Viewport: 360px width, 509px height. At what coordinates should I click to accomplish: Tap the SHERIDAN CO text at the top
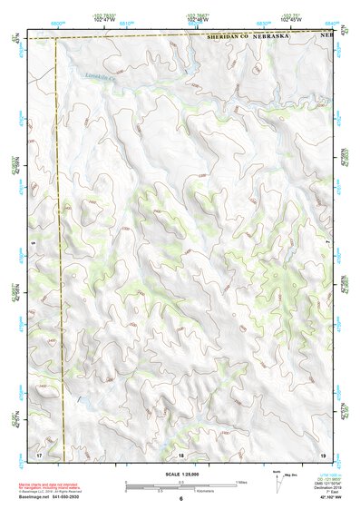(230, 39)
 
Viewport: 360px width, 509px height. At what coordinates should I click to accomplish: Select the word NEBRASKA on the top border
(279, 39)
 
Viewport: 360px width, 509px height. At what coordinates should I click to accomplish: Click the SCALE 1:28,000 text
(180, 474)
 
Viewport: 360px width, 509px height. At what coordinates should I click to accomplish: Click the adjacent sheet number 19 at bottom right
(322, 454)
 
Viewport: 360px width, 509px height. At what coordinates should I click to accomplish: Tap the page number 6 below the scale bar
(180, 498)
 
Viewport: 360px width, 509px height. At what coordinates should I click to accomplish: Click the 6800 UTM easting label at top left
(58, 20)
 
